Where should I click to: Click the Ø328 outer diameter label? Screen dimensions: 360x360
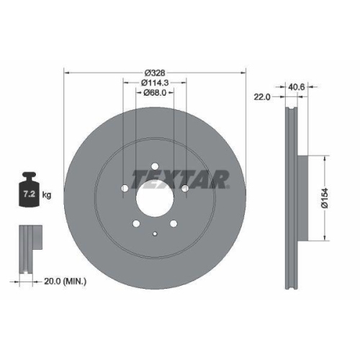tap(155, 73)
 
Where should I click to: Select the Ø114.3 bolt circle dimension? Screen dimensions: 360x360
tap(155, 83)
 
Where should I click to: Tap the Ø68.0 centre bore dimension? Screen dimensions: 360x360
tap(155, 92)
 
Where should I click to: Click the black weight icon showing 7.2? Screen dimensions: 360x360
tap(30, 191)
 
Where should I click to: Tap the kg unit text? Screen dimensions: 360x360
tap(46, 194)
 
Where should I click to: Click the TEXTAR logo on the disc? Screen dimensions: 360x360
tap(180, 177)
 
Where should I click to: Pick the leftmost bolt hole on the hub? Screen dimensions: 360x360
tap(124, 189)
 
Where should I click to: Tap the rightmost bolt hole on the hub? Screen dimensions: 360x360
tap(185, 189)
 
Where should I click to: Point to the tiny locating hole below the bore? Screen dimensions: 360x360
tap(155, 232)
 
